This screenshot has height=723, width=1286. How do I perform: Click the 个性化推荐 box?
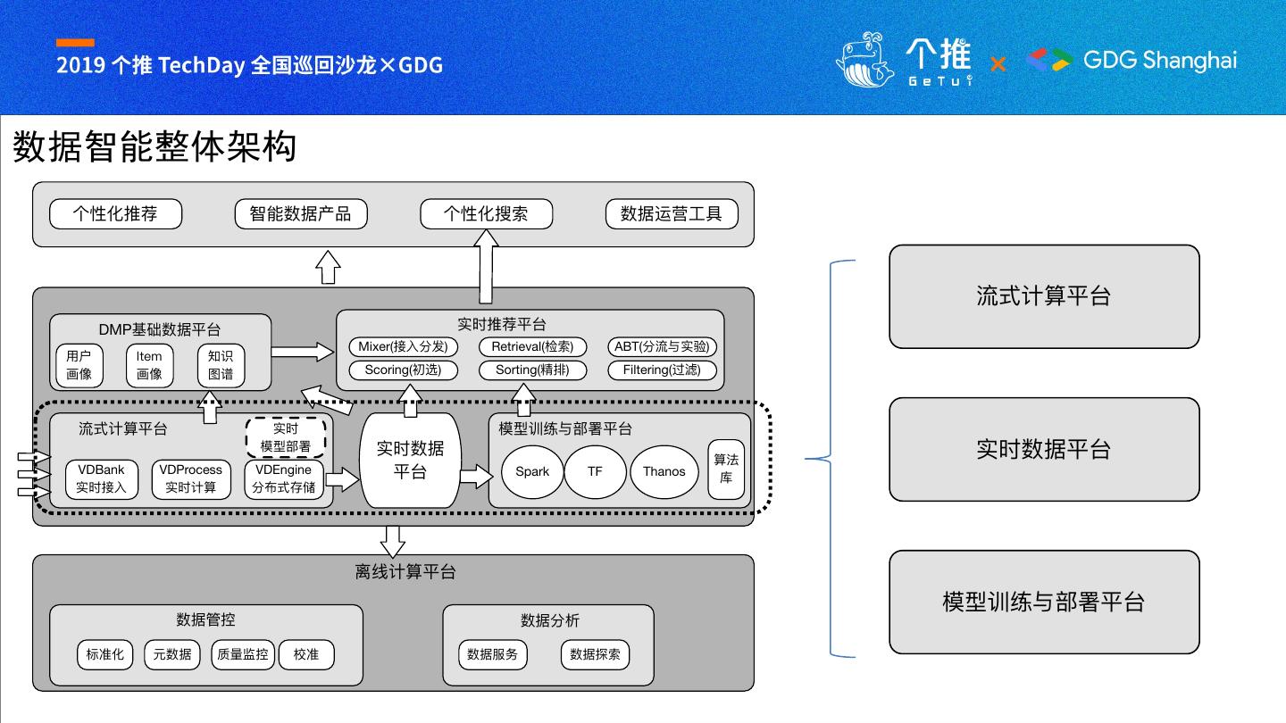(115, 214)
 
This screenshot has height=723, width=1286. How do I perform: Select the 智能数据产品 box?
(301, 214)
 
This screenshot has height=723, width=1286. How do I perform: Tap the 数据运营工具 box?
(671, 214)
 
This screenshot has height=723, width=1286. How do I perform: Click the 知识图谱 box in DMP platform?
(221, 365)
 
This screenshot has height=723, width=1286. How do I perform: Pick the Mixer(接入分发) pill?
(403, 346)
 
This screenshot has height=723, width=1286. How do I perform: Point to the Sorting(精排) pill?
(532, 370)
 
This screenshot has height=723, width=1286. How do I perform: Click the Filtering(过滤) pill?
(662, 370)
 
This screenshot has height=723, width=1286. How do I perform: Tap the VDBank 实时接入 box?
(101, 478)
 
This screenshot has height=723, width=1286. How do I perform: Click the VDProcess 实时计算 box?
(190, 478)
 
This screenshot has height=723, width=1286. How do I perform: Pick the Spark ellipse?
(532, 471)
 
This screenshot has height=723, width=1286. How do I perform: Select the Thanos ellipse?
(664, 471)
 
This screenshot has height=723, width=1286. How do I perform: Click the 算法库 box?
(726, 469)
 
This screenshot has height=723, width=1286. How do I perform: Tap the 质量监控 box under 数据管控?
(242, 654)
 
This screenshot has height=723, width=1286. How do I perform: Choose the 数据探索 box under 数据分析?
(595, 654)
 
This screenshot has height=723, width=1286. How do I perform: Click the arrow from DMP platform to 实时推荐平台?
(303, 352)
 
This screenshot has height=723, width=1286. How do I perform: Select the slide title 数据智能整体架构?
(154, 147)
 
